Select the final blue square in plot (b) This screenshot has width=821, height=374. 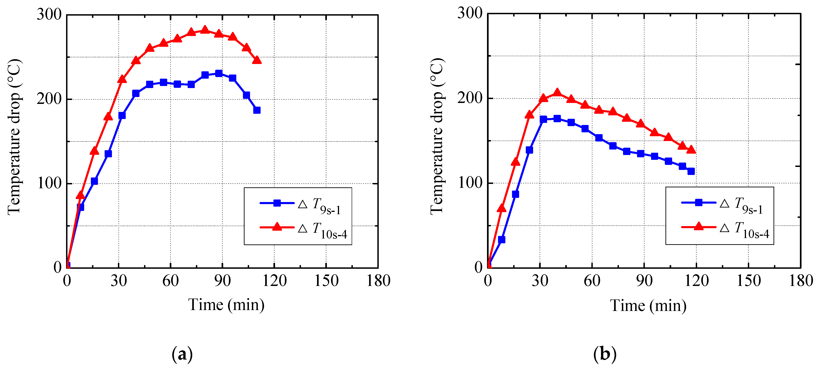[x=691, y=171]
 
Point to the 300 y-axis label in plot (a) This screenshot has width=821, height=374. [x=49, y=14]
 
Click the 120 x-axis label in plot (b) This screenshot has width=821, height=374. [x=696, y=281]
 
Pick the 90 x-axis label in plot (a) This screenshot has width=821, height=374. [x=222, y=281]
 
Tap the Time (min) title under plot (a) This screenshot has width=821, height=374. [x=226, y=305]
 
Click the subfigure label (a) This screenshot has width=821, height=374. [x=182, y=354]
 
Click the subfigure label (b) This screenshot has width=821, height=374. [x=605, y=354]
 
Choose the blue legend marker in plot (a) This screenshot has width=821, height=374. [x=277, y=203]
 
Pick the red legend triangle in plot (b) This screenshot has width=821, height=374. [x=699, y=227]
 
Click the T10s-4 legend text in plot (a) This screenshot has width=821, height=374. [x=329, y=230]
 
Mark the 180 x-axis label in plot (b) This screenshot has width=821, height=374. [x=801, y=281]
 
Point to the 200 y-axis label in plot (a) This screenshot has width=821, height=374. [x=49, y=99]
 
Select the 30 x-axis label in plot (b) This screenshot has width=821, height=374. [x=540, y=281]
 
